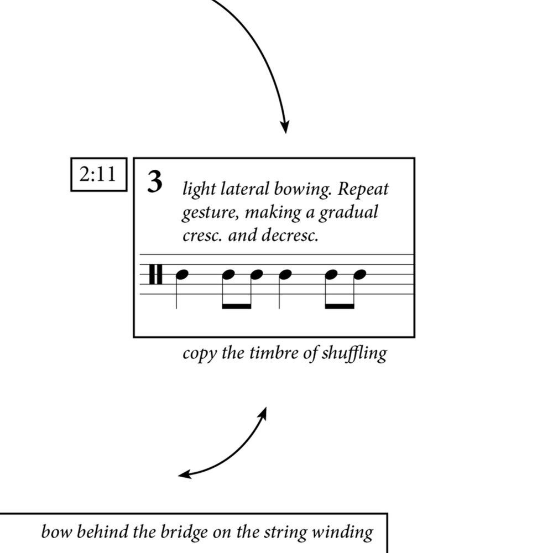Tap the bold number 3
tap(155, 182)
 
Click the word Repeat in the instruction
tap(363, 190)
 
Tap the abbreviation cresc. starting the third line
tap(202, 236)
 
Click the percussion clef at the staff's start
tap(156, 274)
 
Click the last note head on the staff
tap(361, 274)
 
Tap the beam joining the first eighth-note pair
tap(236, 306)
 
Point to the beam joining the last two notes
tap(340, 306)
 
